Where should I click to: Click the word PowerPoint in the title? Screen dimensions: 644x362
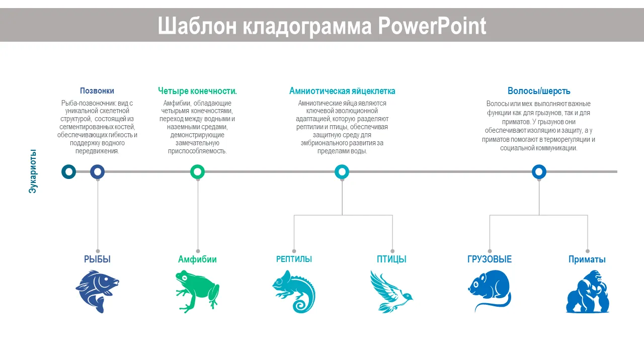(432, 26)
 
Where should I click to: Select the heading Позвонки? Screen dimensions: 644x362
(97, 91)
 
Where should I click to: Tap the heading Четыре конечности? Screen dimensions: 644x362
(197, 91)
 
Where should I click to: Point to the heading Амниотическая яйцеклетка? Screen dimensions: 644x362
(342, 91)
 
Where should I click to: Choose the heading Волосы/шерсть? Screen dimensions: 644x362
(539, 91)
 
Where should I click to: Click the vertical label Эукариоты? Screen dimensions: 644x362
(33, 171)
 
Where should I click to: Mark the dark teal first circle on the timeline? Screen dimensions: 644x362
(69, 172)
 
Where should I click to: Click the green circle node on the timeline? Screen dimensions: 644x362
(198, 172)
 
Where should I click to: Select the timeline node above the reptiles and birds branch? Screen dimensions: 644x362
(342, 172)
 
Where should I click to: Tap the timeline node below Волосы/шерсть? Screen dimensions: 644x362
(539, 172)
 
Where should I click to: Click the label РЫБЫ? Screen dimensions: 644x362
(97, 259)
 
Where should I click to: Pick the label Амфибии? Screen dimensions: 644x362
(197, 259)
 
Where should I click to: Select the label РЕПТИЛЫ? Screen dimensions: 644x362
(294, 259)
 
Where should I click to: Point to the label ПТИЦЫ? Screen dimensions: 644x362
(391, 259)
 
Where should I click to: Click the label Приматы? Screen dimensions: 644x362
(587, 259)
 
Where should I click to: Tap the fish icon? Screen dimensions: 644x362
(97, 291)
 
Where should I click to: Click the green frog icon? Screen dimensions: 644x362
(197, 291)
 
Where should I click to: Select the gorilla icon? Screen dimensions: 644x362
(587, 291)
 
